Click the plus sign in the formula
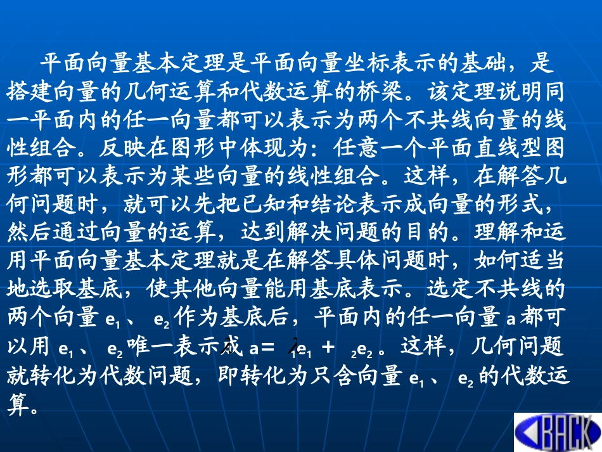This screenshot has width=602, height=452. point(328,346)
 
